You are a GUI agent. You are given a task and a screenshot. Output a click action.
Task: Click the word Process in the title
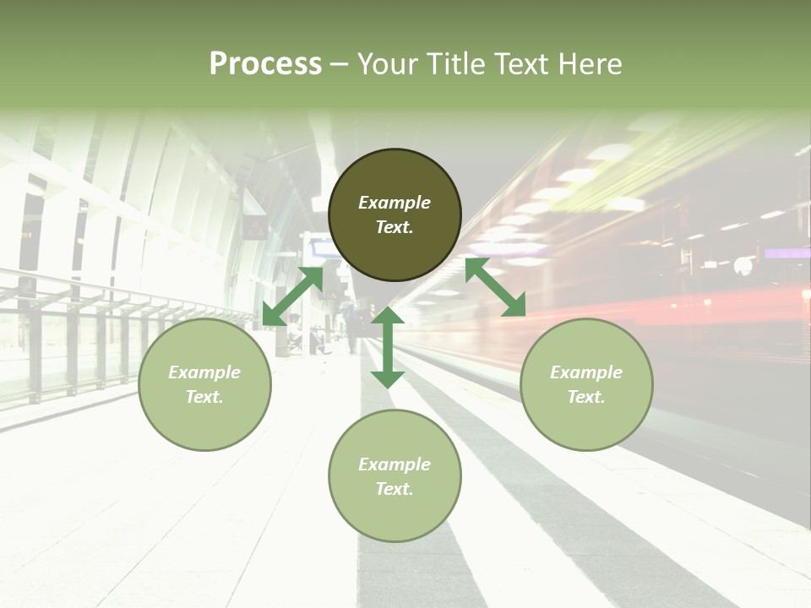click(x=265, y=64)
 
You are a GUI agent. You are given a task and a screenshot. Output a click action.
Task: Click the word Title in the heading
click(x=452, y=64)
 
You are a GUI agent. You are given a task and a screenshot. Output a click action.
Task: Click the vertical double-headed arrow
click(x=388, y=347)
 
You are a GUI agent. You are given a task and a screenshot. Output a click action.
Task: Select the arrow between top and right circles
click(x=495, y=287)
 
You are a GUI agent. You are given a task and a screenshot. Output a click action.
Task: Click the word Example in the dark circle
click(x=395, y=203)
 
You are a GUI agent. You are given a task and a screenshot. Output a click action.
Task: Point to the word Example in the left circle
click(x=204, y=372)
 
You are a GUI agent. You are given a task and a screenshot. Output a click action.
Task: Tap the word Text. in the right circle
click(x=586, y=397)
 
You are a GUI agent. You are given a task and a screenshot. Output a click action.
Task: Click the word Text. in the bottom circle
click(x=395, y=489)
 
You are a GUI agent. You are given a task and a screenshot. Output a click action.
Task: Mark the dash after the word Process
click(x=339, y=65)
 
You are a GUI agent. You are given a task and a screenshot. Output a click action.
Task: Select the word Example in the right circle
click(x=586, y=372)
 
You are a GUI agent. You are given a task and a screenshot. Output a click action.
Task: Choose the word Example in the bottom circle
click(x=395, y=464)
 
